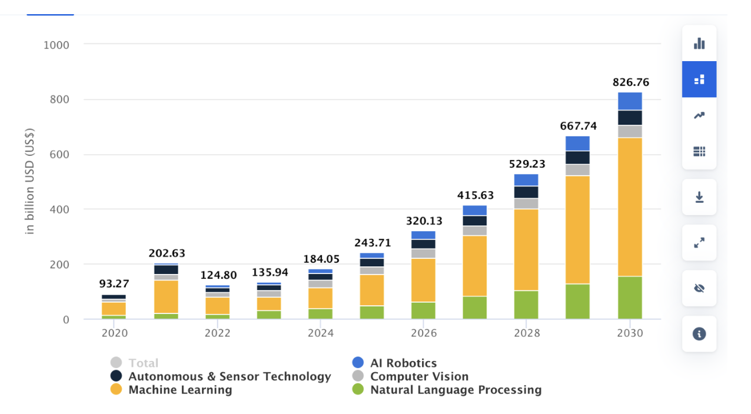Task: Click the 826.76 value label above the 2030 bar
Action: [x=630, y=82]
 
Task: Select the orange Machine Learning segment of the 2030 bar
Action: [x=630, y=206]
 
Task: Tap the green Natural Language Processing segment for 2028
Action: [x=526, y=305]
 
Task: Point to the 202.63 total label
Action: [x=166, y=253]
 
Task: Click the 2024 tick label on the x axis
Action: [x=320, y=333]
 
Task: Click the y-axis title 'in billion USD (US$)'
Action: [x=30, y=181]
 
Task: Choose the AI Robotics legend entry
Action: [x=403, y=363]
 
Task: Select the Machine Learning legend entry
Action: [x=180, y=389]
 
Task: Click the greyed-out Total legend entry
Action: [x=143, y=363]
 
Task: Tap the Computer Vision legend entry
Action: [x=419, y=376]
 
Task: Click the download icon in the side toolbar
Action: [x=699, y=197]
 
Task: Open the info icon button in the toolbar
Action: [x=699, y=334]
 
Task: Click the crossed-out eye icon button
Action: [x=699, y=288]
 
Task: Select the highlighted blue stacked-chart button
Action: [x=699, y=79]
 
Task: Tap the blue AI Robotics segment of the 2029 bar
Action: [x=578, y=143]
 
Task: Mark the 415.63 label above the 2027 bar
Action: [x=475, y=195]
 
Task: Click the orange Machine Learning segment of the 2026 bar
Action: [x=423, y=280]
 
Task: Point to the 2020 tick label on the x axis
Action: [x=114, y=333]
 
